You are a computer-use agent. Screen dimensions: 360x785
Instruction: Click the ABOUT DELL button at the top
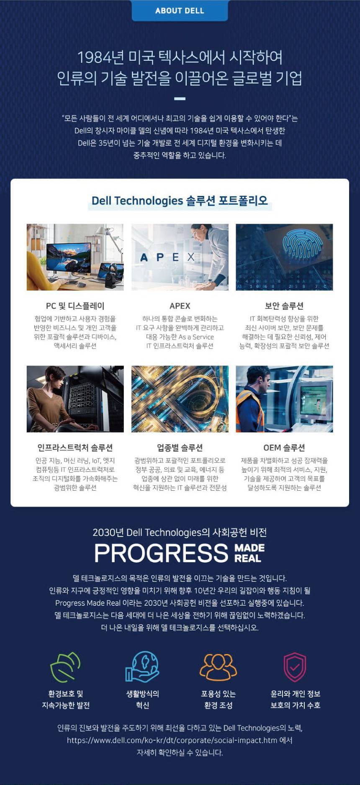click(x=180, y=10)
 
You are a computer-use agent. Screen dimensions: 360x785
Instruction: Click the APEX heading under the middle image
click(x=180, y=306)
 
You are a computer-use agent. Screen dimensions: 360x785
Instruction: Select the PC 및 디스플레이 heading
click(x=75, y=306)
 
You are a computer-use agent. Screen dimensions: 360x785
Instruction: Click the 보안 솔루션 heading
click(x=284, y=306)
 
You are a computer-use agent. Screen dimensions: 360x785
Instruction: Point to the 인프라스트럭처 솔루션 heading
click(x=75, y=448)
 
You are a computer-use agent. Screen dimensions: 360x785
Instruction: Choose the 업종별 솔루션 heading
click(x=180, y=448)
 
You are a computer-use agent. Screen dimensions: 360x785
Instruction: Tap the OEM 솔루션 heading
click(x=284, y=448)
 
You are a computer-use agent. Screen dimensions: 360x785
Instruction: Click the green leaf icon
click(x=65, y=667)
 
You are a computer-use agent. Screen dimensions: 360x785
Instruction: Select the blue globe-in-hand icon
click(x=142, y=667)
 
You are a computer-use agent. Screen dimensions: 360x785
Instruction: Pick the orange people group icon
click(x=218, y=667)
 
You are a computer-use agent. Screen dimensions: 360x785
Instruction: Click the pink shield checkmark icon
click(x=295, y=667)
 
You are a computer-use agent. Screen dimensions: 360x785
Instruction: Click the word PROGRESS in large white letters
click(x=161, y=553)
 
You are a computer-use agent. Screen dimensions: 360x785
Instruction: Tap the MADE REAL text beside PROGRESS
click(x=249, y=553)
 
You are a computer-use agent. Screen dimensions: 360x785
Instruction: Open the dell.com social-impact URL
click(x=172, y=740)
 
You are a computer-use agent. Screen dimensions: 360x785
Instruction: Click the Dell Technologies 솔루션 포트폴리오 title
click(x=180, y=201)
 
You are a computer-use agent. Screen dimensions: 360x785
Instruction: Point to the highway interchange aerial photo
click(x=180, y=399)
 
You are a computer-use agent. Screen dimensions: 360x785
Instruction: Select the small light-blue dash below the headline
click(x=180, y=99)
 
